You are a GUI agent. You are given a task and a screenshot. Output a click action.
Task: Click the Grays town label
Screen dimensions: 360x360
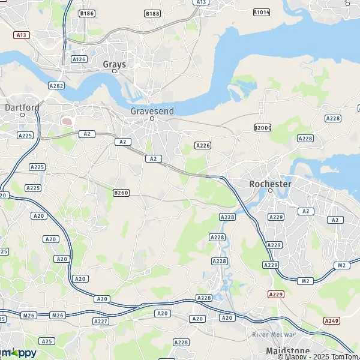[x=114, y=64]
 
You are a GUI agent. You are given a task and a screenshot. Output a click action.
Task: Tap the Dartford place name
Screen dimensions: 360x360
[x=22, y=107]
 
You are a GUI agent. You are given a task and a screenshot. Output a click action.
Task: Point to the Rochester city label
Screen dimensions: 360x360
[x=270, y=183]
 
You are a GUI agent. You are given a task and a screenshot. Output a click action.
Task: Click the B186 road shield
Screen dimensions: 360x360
[x=86, y=13]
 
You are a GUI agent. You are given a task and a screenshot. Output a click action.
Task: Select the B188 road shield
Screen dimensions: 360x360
[x=152, y=13]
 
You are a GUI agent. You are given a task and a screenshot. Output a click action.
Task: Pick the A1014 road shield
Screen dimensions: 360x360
[x=262, y=11]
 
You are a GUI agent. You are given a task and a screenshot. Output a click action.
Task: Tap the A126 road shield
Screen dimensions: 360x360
[x=79, y=59]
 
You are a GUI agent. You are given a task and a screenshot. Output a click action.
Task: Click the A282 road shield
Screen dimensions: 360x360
[x=56, y=86]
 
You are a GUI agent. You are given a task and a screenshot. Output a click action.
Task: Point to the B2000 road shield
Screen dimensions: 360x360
[x=262, y=128]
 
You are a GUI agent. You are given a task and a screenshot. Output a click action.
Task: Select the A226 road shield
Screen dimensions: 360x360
[x=203, y=145]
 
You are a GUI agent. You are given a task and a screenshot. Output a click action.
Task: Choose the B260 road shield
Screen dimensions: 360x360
[x=121, y=193]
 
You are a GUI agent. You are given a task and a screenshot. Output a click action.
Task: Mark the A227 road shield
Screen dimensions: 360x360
[x=100, y=322]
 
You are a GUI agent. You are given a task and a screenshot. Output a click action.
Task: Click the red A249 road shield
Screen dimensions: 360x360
[x=331, y=321]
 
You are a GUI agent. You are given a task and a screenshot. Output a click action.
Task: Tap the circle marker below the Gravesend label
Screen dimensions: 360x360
[x=152, y=118]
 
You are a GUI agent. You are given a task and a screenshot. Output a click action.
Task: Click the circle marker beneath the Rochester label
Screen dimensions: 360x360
[x=270, y=191]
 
